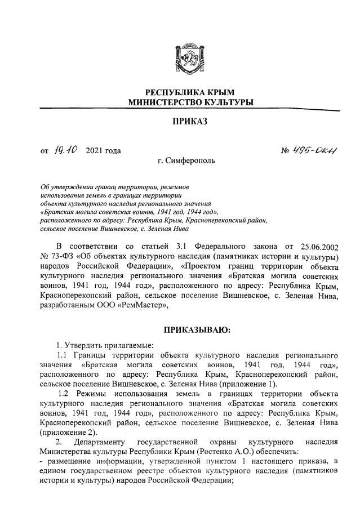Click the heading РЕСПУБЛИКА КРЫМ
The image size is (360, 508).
click(x=189, y=92)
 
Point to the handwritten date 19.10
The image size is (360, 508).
click(x=66, y=150)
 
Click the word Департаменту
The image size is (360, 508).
click(x=99, y=444)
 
